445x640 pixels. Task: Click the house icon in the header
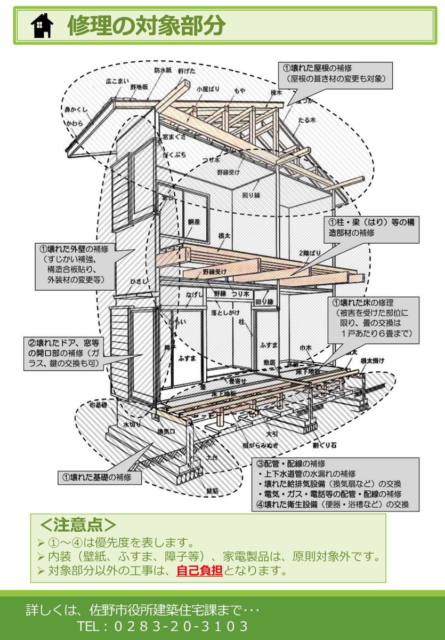tap(42, 26)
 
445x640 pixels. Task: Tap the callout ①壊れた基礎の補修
tap(100, 476)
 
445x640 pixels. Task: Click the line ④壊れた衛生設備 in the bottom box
tap(333, 504)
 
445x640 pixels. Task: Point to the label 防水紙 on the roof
tap(163, 70)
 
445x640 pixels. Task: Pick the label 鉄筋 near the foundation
tap(213, 490)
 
